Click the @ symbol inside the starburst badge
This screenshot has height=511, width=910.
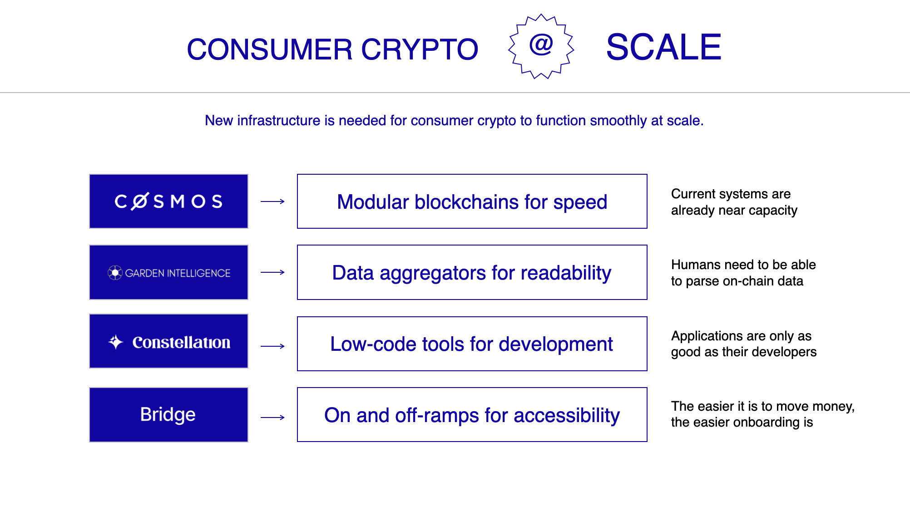541,44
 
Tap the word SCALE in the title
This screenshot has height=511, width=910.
663,47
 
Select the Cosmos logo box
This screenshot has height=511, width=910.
168,201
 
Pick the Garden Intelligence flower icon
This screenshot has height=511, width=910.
115,273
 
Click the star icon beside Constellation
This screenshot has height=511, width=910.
116,342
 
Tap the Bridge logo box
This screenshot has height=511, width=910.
168,414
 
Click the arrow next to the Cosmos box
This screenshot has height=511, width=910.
272,201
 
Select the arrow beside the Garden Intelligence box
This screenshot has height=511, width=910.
272,272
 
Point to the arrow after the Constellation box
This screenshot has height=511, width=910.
272,346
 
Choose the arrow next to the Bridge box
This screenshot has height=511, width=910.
272,418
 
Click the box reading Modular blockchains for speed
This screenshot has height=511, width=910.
472,201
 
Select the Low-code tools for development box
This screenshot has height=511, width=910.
472,344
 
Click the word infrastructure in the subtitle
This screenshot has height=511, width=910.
279,121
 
